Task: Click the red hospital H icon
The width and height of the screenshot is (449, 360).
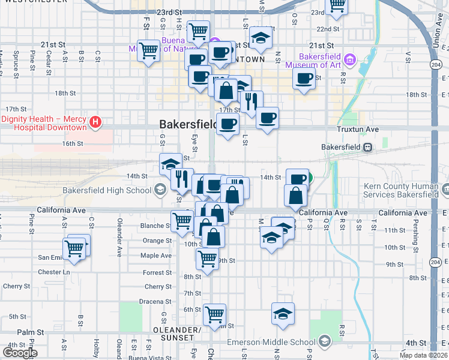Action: point(94,123)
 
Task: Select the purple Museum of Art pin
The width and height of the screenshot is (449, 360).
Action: point(350,59)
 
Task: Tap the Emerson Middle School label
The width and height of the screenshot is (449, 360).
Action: point(271,342)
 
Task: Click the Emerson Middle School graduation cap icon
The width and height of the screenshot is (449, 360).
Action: point(324,341)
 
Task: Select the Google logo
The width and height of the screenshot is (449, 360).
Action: point(20,353)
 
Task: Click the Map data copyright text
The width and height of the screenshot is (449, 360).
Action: point(423,355)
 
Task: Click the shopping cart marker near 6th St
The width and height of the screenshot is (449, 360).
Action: point(214,314)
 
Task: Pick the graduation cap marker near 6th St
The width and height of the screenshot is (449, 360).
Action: point(283,314)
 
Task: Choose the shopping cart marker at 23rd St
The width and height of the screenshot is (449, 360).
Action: point(337,5)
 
